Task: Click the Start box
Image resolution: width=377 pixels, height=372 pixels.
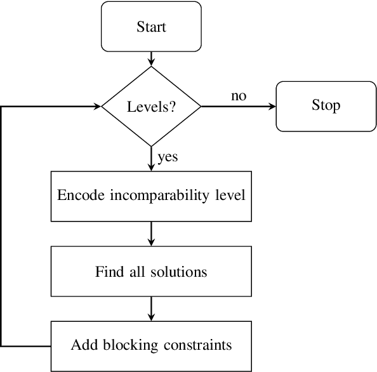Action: pyautogui.click(x=151, y=27)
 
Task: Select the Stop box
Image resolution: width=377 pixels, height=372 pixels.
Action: pyautogui.click(x=326, y=106)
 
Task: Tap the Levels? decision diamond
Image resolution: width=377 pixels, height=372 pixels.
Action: pyautogui.click(x=151, y=106)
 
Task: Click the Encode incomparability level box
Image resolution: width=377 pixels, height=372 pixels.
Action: pyautogui.click(x=151, y=195)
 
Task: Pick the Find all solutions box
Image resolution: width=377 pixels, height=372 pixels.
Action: pyautogui.click(x=151, y=272)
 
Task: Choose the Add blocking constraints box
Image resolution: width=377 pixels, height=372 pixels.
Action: pyautogui.click(x=151, y=346)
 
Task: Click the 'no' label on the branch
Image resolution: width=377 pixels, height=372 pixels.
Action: pyautogui.click(x=239, y=96)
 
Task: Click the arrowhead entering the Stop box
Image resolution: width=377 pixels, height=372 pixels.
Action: pyautogui.click(x=273, y=106)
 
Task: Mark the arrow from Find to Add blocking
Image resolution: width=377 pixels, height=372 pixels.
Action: pyautogui.click(x=151, y=310)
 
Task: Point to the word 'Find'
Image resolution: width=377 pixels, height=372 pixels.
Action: pyautogui.click(x=107, y=272)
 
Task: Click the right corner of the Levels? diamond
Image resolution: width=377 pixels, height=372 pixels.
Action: pyautogui.click(x=200, y=106)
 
